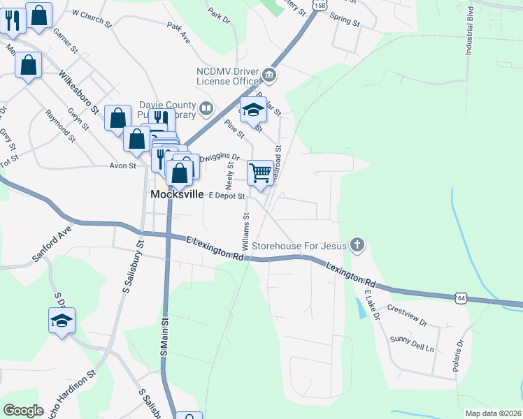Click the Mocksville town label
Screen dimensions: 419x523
click(178, 195)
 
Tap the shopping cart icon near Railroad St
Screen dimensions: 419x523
click(260, 172)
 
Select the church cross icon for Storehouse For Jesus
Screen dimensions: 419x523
click(357, 244)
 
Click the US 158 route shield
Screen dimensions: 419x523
click(320, 5)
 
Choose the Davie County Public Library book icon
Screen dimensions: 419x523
click(206, 108)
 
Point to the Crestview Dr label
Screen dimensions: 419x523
click(406, 314)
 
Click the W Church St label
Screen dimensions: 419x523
click(92, 18)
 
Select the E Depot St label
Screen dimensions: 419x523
click(225, 196)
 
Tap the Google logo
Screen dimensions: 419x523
click(23, 410)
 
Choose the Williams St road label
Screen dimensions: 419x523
click(245, 233)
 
